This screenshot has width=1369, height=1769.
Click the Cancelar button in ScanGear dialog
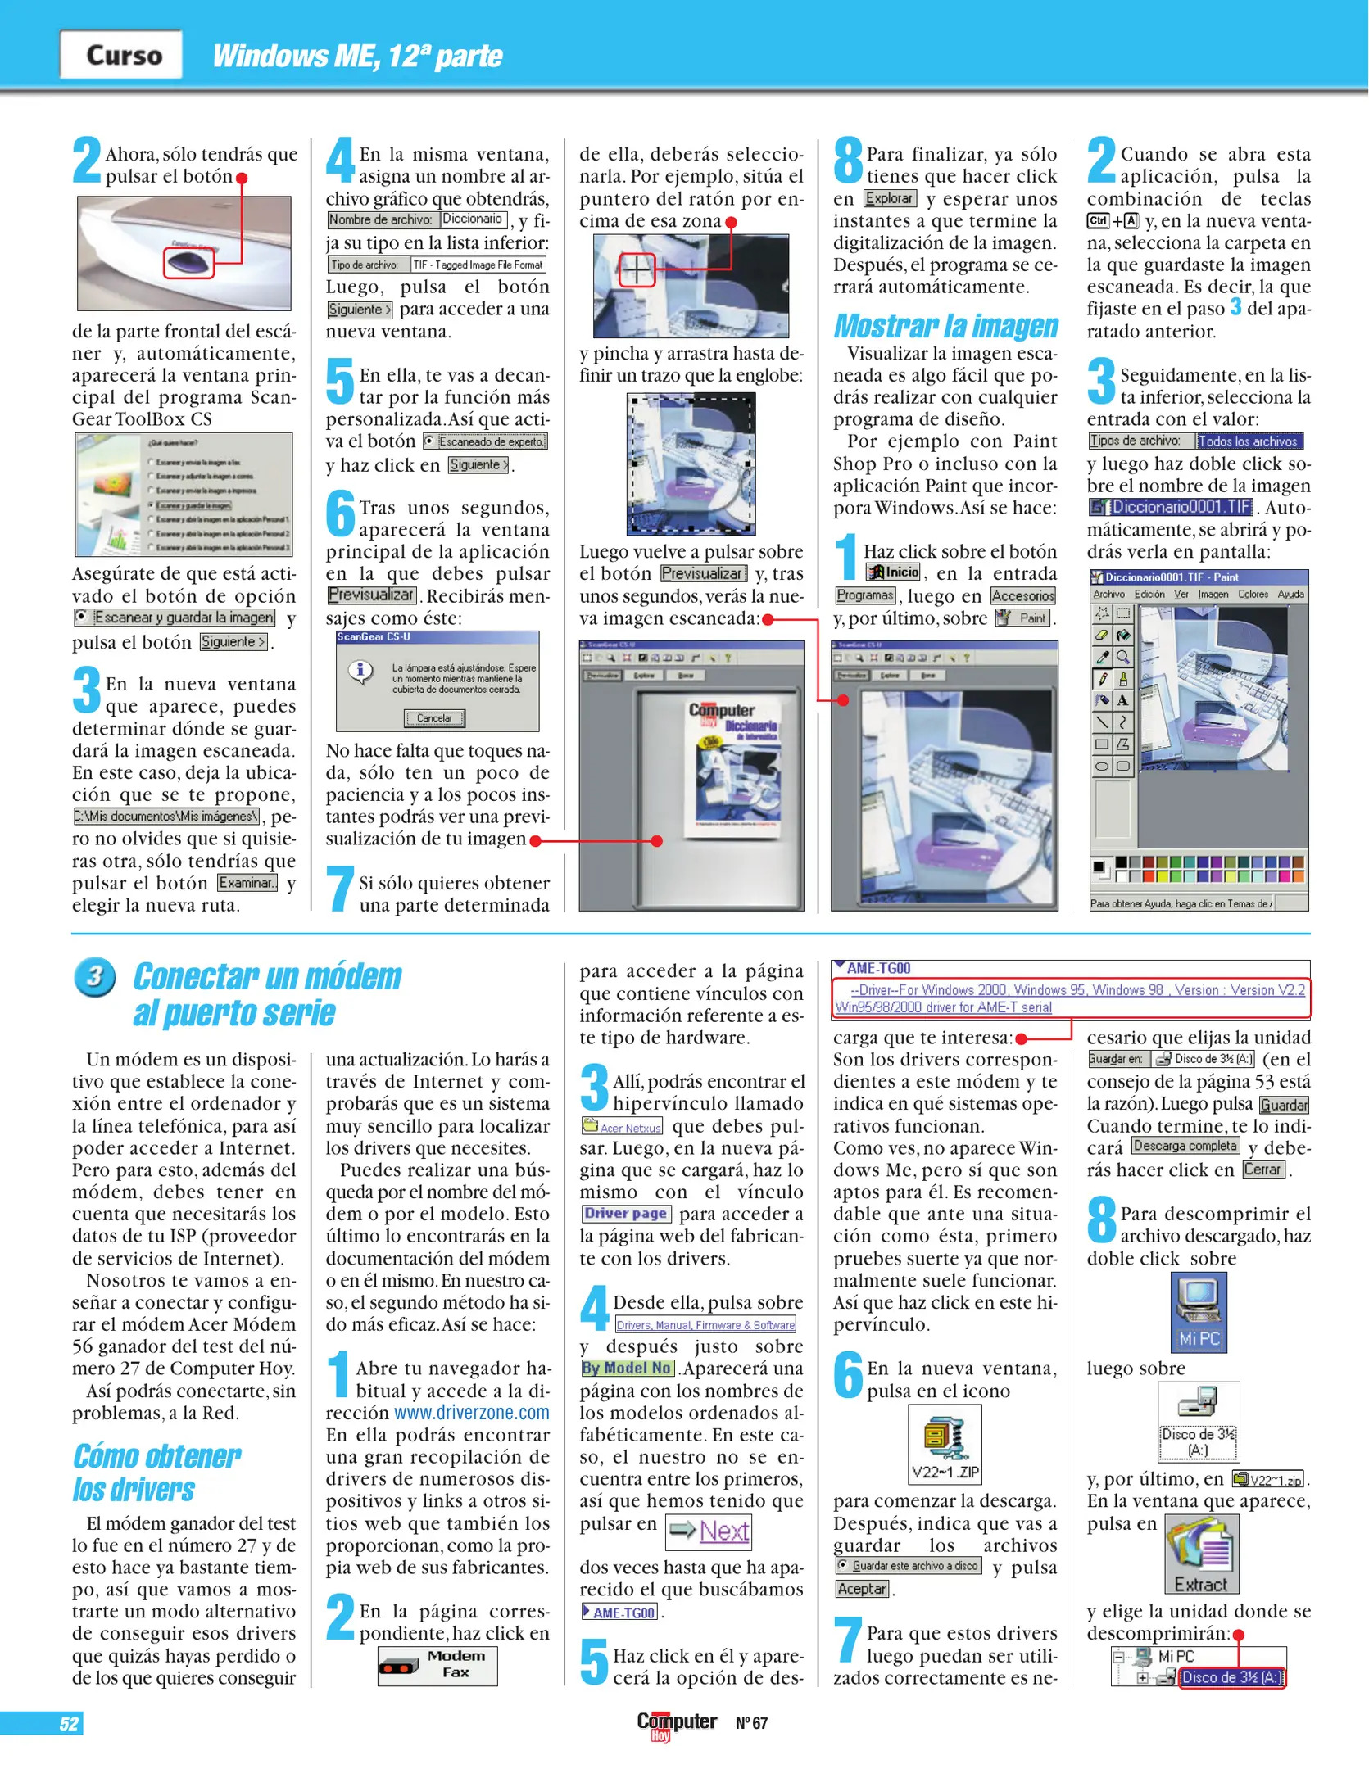coord(433,718)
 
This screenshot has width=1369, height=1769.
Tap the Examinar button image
coord(247,883)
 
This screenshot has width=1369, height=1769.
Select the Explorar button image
coord(889,198)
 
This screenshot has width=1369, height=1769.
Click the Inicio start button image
coord(893,572)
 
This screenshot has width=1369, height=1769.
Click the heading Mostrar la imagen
coord(945,326)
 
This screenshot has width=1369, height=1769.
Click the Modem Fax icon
coord(437,1665)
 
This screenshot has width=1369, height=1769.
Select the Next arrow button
coord(709,1531)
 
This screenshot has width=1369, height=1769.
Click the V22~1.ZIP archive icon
coord(945,1446)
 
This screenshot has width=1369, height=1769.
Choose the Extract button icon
coord(1201,1554)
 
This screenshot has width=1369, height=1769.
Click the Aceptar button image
coord(862,1589)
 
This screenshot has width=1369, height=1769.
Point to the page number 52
coord(69,1723)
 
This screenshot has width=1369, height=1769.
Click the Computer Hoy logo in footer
coord(676,1723)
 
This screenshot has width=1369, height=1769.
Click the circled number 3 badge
coord(94,977)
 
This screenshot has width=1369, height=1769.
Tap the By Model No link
coord(628,1368)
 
